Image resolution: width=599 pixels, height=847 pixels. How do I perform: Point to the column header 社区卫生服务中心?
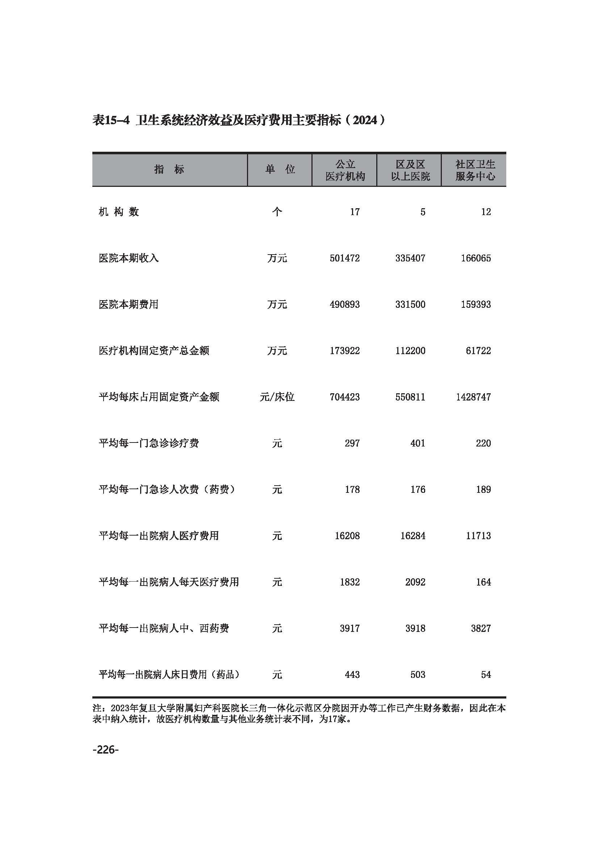click(x=475, y=170)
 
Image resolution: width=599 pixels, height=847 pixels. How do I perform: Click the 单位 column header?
click(x=280, y=169)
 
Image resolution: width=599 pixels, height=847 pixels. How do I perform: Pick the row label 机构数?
click(x=119, y=212)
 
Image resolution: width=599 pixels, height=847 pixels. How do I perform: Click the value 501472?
click(x=344, y=258)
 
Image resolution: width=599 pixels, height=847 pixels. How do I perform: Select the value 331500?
click(x=410, y=305)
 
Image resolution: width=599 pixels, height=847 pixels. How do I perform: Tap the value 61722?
click(x=478, y=351)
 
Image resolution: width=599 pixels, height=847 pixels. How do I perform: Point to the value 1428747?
click(x=473, y=397)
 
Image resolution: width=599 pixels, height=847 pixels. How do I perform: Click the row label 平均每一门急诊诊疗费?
click(x=148, y=443)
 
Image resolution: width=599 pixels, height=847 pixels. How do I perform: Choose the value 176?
click(x=418, y=490)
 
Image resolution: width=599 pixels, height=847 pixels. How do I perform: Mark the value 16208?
click(x=347, y=536)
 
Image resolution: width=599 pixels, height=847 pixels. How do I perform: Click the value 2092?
click(x=415, y=582)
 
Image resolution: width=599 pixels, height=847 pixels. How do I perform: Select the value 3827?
click(x=481, y=628)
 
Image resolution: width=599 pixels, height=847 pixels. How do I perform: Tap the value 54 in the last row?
click(x=486, y=675)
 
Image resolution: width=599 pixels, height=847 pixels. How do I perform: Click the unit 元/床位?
click(x=277, y=397)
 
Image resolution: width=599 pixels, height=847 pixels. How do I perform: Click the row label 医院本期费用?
click(x=128, y=305)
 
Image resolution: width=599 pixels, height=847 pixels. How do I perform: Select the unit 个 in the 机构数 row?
click(x=277, y=212)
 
